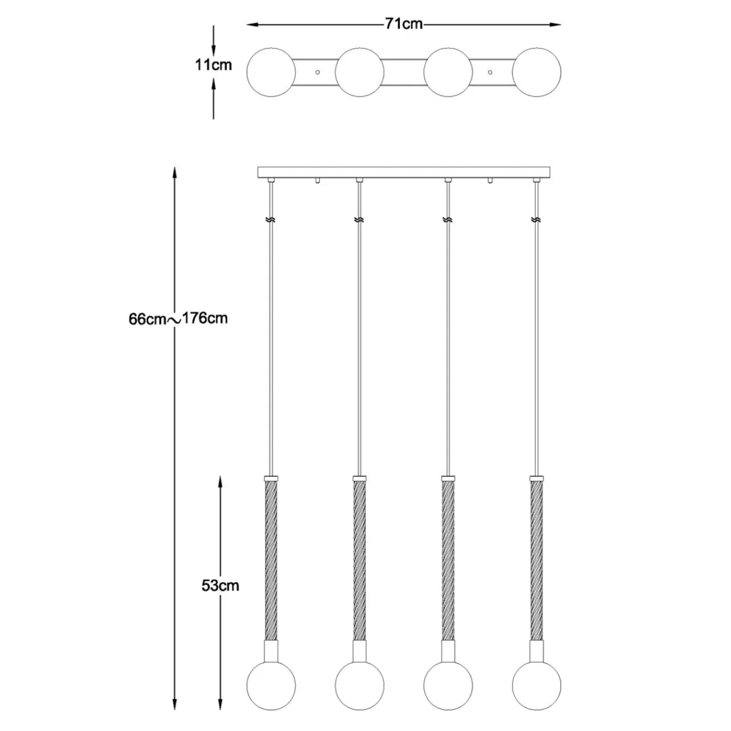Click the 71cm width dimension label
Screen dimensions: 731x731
tap(404, 24)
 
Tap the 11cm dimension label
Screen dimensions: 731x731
tap(213, 65)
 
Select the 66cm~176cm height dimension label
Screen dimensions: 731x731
tap(178, 319)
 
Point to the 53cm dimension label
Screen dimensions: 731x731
tap(220, 586)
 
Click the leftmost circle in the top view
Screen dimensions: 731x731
tap(271, 72)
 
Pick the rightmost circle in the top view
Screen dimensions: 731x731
tap(536, 72)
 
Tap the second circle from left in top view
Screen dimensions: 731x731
tap(359, 72)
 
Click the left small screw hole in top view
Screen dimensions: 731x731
tap(318, 72)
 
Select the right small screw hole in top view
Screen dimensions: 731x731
tap(490, 72)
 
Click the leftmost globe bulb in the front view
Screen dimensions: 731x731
tap(271, 685)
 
